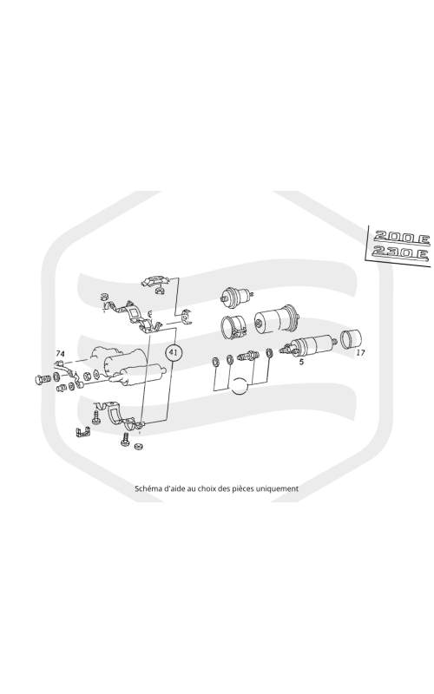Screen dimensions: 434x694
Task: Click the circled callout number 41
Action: pyautogui.click(x=173, y=353)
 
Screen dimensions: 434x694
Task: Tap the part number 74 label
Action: pyautogui.click(x=60, y=353)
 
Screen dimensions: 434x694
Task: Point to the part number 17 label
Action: pyautogui.click(x=360, y=353)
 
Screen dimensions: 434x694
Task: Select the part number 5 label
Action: pyautogui.click(x=301, y=362)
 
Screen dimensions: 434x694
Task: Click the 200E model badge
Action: pyautogui.click(x=401, y=238)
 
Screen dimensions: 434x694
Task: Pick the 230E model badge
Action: pyautogui.click(x=400, y=253)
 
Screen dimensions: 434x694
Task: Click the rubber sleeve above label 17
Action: pyautogui.click(x=351, y=338)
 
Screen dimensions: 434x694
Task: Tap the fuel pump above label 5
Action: pyautogui.click(x=308, y=344)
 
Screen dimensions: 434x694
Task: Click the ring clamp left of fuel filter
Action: pyautogui.click(x=233, y=327)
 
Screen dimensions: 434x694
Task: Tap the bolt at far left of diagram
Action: pyautogui.click(x=42, y=380)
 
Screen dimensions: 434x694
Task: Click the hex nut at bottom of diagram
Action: pyautogui.click(x=138, y=446)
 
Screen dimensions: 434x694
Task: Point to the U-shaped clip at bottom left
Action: pyautogui.click(x=82, y=432)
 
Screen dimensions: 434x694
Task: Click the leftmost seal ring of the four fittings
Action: pyautogui.click(x=215, y=362)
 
